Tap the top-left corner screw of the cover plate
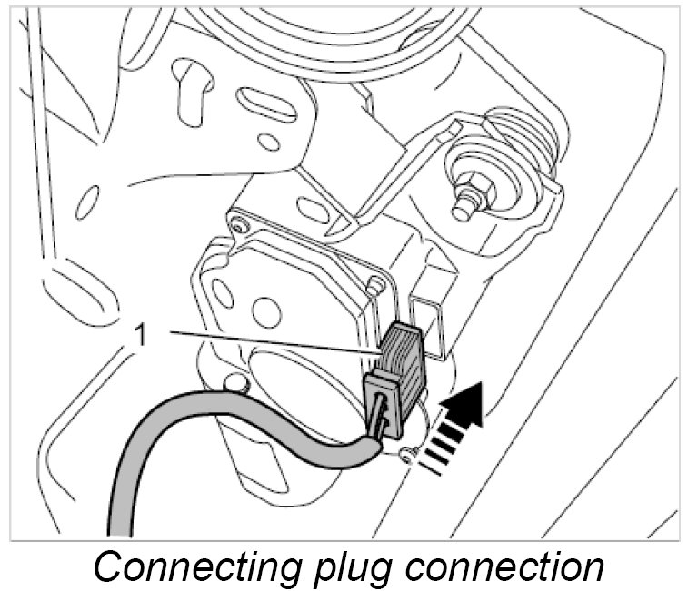tap(238, 221)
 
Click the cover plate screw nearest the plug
tap(373, 284)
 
